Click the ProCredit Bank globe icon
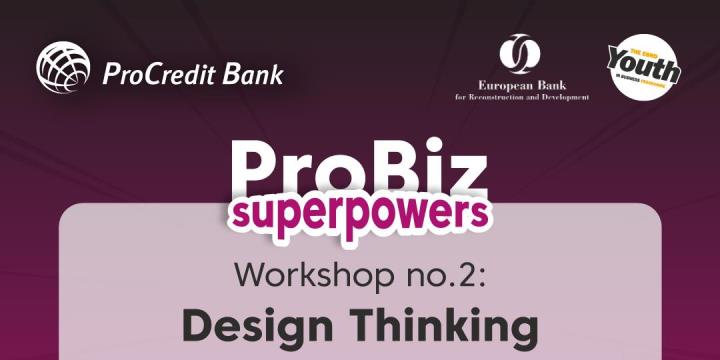[x=64, y=68]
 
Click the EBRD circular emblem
[x=519, y=55]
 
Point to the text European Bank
[x=519, y=87]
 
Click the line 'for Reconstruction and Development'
[x=520, y=98]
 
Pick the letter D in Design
[x=198, y=326]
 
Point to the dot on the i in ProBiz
[x=436, y=150]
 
